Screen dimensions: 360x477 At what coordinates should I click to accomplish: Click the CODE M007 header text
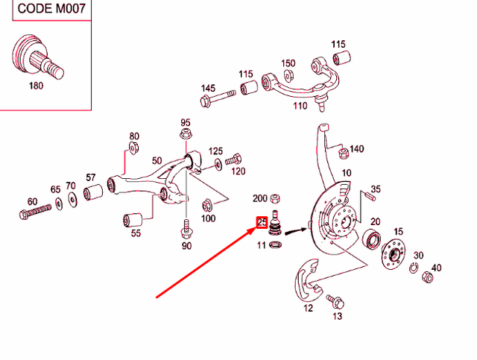pyautogui.click(x=45, y=8)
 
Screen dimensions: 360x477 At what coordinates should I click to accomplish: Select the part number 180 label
pyautogui.click(x=36, y=86)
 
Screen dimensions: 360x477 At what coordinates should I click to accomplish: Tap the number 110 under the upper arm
pyautogui.click(x=300, y=106)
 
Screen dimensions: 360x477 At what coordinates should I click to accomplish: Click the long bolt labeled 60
pyautogui.click(x=34, y=214)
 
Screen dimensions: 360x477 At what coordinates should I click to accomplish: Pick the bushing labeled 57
pyautogui.click(x=94, y=194)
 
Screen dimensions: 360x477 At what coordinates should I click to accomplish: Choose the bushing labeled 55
pyautogui.click(x=132, y=221)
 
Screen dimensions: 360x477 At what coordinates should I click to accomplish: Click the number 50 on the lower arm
pyautogui.click(x=157, y=160)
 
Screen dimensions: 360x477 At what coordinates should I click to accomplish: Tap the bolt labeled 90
pyautogui.click(x=185, y=227)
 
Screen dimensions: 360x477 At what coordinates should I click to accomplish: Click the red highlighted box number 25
pyautogui.click(x=262, y=221)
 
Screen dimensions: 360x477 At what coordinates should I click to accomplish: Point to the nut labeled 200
pyautogui.click(x=274, y=199)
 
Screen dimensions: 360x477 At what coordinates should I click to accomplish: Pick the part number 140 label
pyautogui.click(x=356, y=149)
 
